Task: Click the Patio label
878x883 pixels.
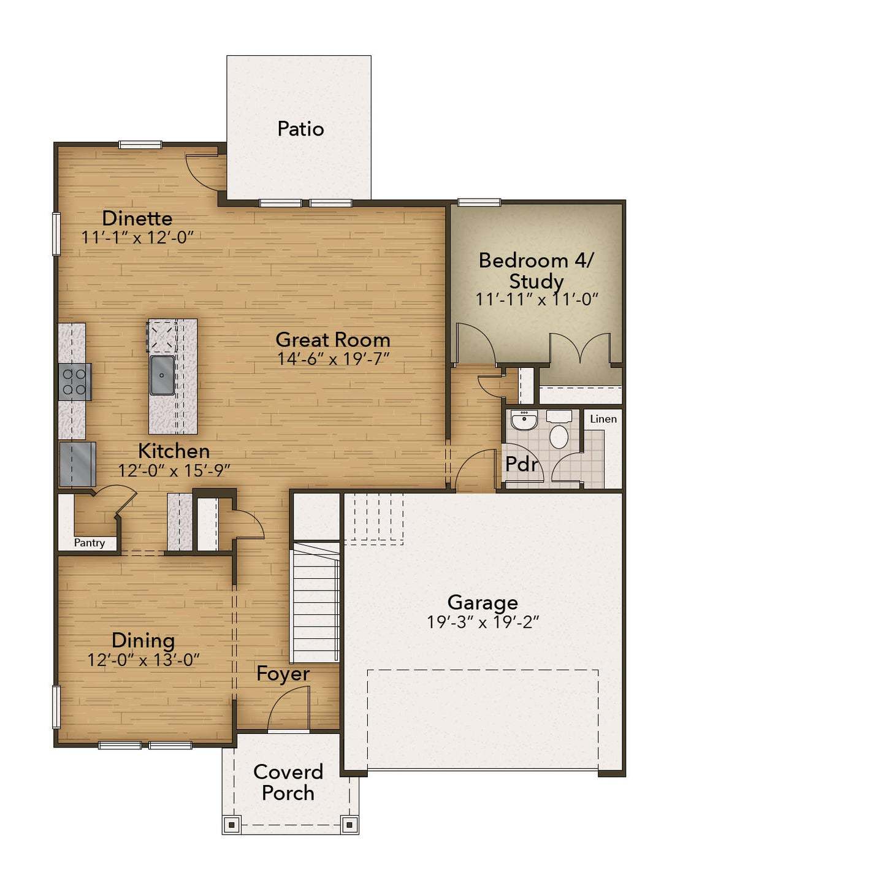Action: (300, 129)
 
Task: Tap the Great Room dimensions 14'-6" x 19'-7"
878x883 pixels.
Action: (333, 359)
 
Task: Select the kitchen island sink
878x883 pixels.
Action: (162, 375)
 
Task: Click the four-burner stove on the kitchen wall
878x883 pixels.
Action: (74, 381)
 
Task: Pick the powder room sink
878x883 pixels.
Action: (524, 420)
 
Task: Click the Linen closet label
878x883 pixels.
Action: (603, 419)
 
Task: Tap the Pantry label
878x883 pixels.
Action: (90, 543)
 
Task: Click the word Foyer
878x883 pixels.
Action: (283, 673)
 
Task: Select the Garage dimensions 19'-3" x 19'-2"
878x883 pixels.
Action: (483, 622)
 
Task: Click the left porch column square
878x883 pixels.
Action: (231, 825)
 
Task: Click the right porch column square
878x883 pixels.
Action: (349, 825)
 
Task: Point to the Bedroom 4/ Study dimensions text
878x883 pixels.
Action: (536, 299)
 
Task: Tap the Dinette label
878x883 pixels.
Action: (137, 218)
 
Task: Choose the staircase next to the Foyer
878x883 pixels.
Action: (316, 604)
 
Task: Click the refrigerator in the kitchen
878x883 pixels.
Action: (77, 464)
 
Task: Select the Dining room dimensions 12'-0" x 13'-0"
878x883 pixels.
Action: (143, 660)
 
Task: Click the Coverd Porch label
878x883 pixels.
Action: (288, 782)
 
